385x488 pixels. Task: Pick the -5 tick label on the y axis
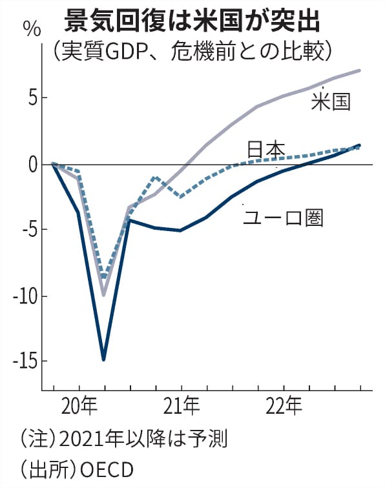[27, 230]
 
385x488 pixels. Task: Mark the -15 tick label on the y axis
[25, 360]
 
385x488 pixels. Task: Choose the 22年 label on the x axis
[284, 408]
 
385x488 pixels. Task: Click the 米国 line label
[331, 102]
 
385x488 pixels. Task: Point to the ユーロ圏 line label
[283, 218]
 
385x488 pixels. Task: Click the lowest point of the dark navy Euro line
[103, 360]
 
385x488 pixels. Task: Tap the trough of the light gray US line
[103, 295]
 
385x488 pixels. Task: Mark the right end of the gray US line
[359, 70]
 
